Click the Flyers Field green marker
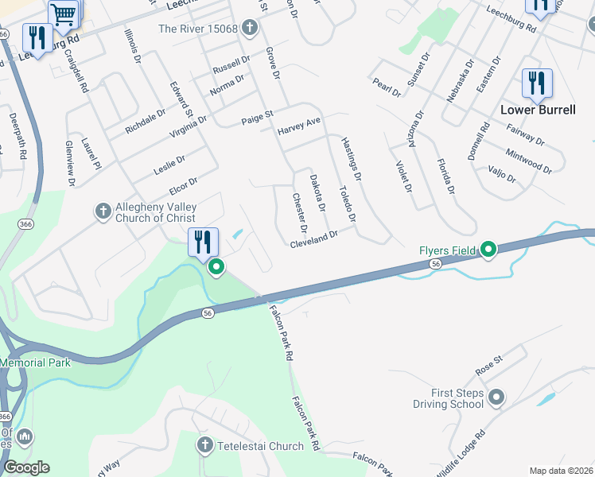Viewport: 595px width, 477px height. point(488,251)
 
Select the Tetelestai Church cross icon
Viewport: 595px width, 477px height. point(205,446)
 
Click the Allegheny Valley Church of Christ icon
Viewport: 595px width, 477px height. point(103,211)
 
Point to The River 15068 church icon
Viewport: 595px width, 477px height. point(250,29)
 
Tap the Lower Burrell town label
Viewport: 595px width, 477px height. point(538,110)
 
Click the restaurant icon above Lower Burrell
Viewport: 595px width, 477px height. point(537,83)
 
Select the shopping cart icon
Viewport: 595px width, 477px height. point(64,13)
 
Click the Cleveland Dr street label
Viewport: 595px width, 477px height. point(314,238)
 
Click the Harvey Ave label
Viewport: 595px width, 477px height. point(299,126)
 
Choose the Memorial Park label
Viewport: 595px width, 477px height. point(35,363)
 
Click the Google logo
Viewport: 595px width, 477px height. point(26,467)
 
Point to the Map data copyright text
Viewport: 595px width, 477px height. point(562,471)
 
